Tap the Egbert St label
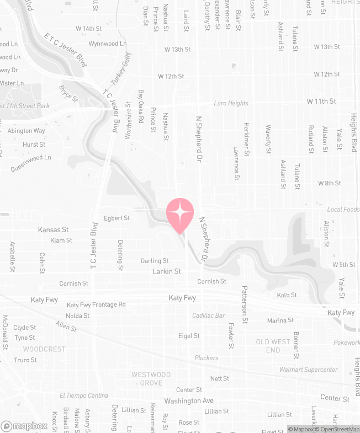tap(117, 218)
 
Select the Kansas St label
tap(53, 229)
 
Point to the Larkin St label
tap(167, 271)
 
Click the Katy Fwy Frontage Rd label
tap(96, 304)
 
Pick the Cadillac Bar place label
tap(209, 316)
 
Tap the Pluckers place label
tap(207, 358)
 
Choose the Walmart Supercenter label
tap(309, 370)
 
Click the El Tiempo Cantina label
tap(84, 395)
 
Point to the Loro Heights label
tap(231, 103)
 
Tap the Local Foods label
tap(343, 210)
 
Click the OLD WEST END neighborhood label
tap(273, 346)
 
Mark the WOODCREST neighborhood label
tap(44, 349)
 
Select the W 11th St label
tap(321, 101)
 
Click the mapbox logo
tap(24, 426)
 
